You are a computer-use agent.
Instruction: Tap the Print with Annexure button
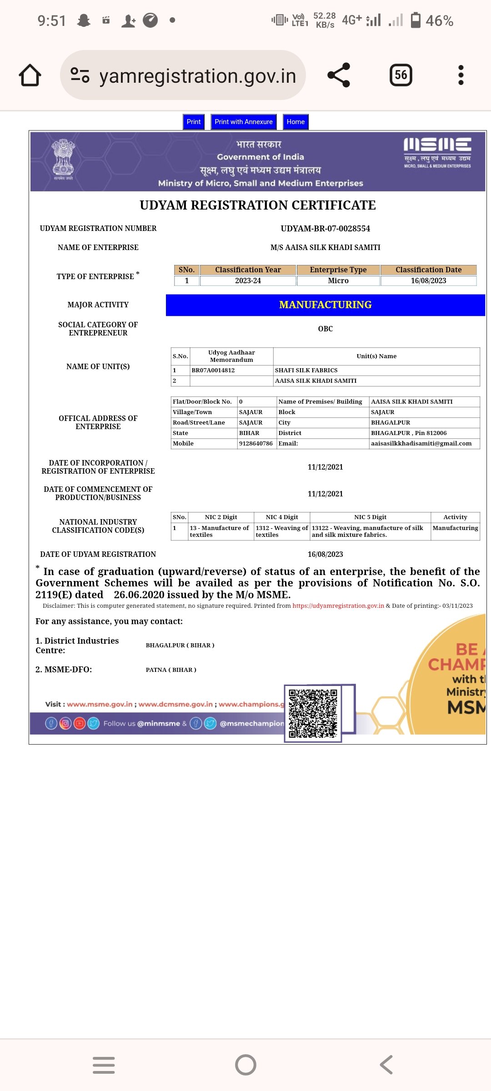pos(244,122)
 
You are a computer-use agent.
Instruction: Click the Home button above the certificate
pos(296,122)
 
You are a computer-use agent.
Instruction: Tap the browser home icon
pos(30,75)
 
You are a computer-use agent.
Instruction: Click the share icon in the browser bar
pos(339,75)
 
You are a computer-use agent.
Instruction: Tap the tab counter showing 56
pos(401,75)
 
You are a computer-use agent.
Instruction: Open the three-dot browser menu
pos(461,75)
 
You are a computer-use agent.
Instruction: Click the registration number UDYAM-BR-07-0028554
pos(326,229)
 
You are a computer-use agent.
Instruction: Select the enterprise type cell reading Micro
pos(338,281)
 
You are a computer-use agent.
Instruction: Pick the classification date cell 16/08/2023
pos(428,281)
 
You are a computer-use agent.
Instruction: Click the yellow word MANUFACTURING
pos(326,305)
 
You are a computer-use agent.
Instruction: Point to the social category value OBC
pos(326,329)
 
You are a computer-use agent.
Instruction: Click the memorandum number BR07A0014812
pos(213,370)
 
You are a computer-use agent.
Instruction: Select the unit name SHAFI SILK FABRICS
pos(306,370)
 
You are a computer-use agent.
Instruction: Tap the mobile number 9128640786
pos(256,444)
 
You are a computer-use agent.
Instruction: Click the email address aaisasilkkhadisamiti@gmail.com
pos(421,444)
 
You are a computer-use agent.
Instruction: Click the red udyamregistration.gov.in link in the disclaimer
pos(338,606)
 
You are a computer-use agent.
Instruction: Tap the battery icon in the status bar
pos(416,20)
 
